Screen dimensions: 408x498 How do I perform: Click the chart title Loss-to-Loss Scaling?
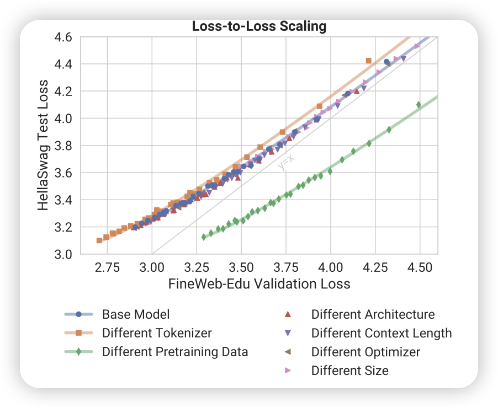[259, 26]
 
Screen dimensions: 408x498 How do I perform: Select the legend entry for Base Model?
[136, 315]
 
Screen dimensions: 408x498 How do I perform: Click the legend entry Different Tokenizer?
[157, 333]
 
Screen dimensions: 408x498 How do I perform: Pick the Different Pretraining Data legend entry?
[175, 352]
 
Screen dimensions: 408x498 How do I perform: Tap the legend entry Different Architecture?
[373, 315]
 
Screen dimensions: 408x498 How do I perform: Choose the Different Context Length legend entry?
[382, 333]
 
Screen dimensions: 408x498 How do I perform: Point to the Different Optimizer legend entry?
[365, 352]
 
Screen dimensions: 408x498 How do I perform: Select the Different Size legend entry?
[349, 371]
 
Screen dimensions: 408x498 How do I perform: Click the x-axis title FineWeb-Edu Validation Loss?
[259, 284]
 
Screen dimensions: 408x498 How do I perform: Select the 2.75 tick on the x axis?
[107, 268]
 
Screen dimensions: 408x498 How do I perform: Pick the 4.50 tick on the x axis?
[420, 268]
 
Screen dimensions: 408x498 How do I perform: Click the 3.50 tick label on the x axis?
[241, 268]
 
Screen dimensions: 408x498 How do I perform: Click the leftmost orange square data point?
[99, 240]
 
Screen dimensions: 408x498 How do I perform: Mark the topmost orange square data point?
[369, 61]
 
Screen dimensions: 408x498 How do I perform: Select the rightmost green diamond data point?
[418, 104]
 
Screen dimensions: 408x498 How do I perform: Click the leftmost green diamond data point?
[204, 237]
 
